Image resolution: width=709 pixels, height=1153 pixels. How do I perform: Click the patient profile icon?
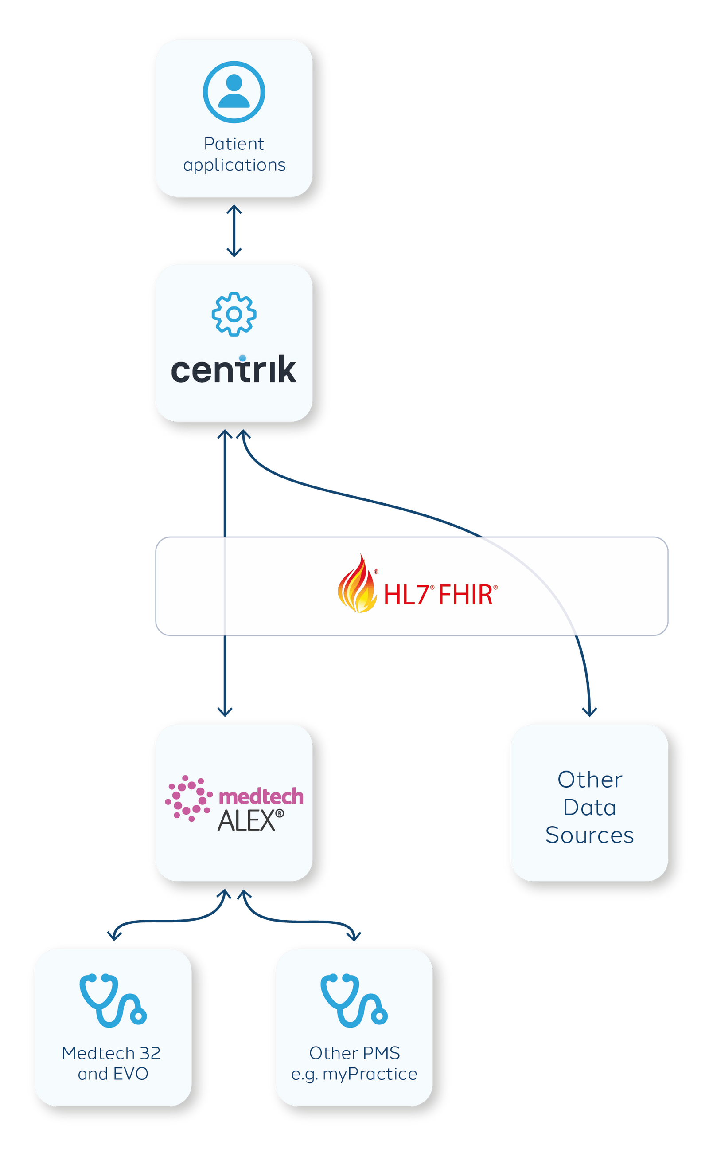[234, 92]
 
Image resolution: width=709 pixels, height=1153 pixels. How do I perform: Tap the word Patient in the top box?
[234, 144]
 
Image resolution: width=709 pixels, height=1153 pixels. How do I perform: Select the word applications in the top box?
[234, 165]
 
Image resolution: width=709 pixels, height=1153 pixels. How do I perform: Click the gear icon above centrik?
[234, 314]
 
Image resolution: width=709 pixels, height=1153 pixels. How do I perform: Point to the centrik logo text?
[234, 370]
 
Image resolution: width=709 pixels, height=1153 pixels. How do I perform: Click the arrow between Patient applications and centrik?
[234, 231]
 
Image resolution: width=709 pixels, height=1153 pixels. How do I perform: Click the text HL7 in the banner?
[406, 595]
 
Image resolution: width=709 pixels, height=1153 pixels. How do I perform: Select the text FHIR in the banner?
[465, 595]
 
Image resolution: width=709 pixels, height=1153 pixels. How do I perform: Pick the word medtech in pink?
[261, 796]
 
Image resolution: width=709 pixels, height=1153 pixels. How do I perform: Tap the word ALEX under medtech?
[247, 821]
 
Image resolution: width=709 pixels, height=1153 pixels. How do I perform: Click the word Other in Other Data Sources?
[589, 780]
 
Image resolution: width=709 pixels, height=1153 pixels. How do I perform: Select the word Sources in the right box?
[589, 835]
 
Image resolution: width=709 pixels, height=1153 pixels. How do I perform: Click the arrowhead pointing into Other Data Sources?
[589, 711]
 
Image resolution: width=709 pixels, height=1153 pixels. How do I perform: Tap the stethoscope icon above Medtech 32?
[113, 1000]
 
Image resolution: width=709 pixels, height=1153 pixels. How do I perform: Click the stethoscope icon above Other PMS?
[354, 1000]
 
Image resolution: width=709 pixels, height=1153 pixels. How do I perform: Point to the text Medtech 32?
[111, 1053]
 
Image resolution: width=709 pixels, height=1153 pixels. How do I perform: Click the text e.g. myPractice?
[354, 1074]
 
